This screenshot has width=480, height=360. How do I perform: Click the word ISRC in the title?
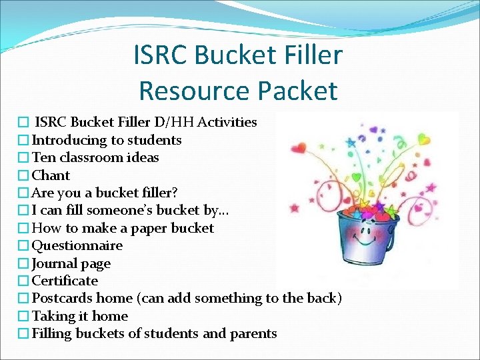(163, 55)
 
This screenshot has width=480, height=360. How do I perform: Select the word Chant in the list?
(51, 175)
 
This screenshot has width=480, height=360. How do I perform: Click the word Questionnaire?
(77, 245)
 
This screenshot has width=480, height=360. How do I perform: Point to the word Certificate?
(65, 281)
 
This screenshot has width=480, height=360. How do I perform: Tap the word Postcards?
(63, 298)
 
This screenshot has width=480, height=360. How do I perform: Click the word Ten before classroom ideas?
(44, 157)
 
